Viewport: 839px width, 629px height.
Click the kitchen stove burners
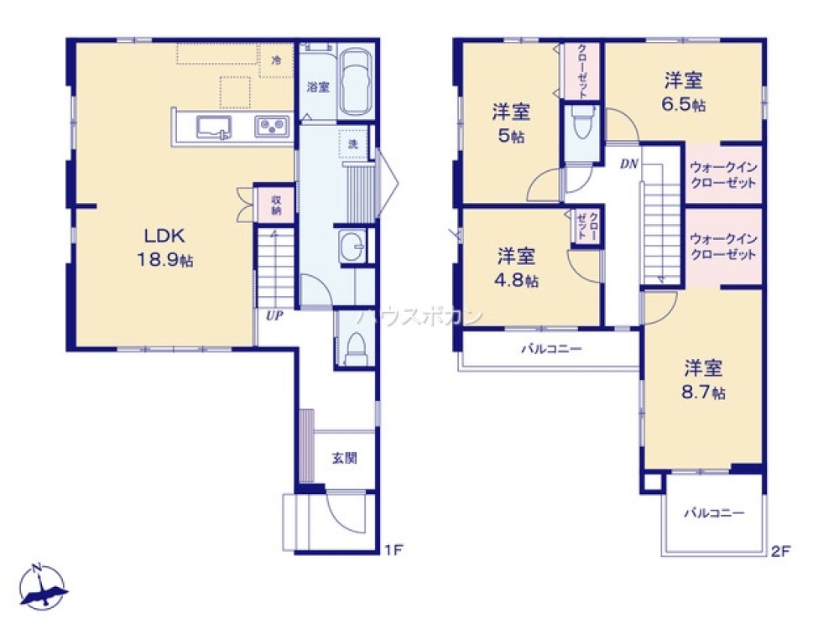(x=273, y=127)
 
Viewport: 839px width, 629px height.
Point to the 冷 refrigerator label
(x=276, y=60)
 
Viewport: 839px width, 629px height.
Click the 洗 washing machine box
(x=352, y=143)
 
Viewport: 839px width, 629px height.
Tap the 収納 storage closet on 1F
(x=275, y=204)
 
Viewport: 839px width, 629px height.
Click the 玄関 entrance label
(x=344, y=458)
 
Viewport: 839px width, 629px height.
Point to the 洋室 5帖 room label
(x=510, y=123)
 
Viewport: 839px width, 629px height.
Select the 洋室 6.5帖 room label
(x=684, y=91)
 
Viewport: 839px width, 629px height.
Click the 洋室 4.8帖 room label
(x=517, y=267)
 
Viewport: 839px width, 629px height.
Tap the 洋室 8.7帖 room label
(x=703, y=379)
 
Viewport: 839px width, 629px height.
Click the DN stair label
(x=629, y=164)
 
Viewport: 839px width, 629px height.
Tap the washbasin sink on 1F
(x=352, y=246)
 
